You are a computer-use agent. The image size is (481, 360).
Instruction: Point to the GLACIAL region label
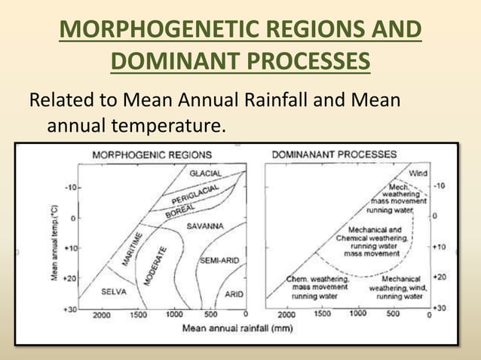click(x=205, y=173)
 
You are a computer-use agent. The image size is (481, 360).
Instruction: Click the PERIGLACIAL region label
click(x=195, y=195)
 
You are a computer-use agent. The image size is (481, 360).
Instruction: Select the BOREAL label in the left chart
click(x=179, y=211)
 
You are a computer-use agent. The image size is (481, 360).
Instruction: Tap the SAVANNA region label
click(x=205, y=225)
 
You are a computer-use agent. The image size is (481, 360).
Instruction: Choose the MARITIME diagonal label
click(x=133, y=249)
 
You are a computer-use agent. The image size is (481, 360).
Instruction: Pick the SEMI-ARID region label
click(x=220, y=261)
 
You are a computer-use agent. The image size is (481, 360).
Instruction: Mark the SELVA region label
click(x=114, y=291)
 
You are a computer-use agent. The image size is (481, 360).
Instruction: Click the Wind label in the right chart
click(x=418, y=173)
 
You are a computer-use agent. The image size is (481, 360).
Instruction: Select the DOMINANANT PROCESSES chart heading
click(x=334, y=154)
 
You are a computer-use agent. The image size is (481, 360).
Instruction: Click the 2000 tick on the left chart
click(x=101, y=314)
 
